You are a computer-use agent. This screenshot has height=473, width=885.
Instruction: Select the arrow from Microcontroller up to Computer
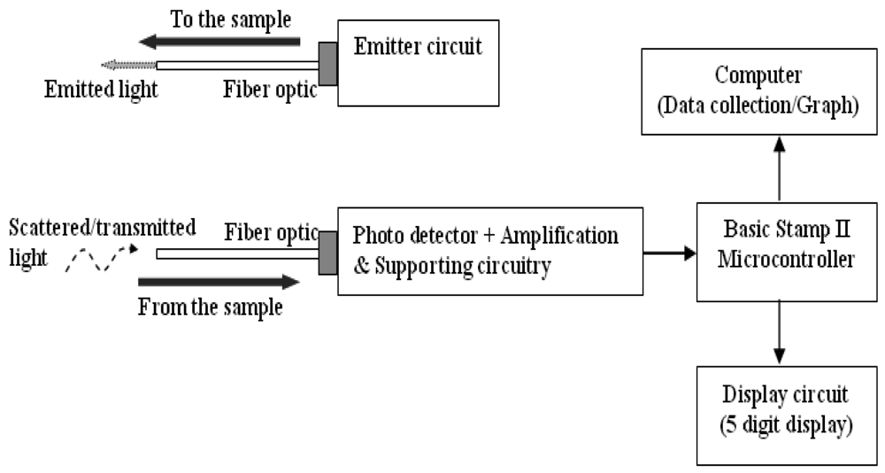click(x=780, y=168)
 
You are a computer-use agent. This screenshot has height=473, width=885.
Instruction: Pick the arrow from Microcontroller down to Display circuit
click(x=780, y=331)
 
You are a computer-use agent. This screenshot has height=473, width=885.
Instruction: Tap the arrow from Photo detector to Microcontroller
click(x=669, y=253)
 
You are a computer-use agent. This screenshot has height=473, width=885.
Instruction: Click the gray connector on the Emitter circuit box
click(x=327, y=64)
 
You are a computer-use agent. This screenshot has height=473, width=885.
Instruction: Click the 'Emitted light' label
click(x=101, y=90)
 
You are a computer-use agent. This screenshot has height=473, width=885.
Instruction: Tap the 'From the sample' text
click(x=211, y=308)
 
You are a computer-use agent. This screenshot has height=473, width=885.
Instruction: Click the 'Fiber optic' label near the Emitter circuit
click(x=269, y=90)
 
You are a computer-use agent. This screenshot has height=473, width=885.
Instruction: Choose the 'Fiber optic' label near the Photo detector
click(x=271, y=232)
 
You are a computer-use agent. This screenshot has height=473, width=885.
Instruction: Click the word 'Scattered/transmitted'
click(x=101, y=228)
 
